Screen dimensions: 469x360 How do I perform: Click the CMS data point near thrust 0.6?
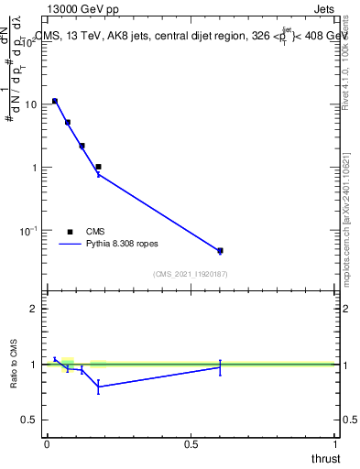pos(220,250)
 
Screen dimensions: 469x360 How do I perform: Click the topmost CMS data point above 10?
pos(55,101)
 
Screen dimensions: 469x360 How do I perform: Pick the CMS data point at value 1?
pos(98,167)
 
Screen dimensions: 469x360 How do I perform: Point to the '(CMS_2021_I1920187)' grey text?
pos(191,274)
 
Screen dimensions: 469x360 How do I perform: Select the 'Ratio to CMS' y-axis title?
pos(14,364)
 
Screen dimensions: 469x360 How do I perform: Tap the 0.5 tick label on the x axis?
pos(191,443)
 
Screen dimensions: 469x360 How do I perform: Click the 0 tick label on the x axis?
pos(47,443)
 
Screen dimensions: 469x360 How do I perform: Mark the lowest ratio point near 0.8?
pos(98,387)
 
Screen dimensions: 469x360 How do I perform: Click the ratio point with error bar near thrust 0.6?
pos(220,366)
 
